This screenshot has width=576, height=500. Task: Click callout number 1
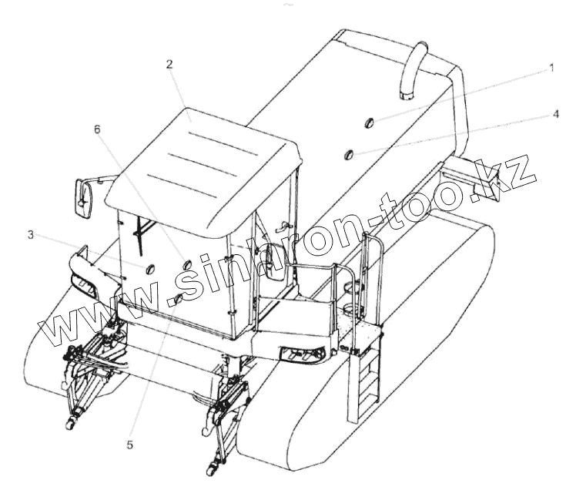coord(551,68)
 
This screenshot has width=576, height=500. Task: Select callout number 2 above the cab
coord(169,65)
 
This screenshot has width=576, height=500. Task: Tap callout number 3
coord(31,234)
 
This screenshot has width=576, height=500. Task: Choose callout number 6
coord(98,129)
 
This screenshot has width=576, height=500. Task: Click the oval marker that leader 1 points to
coord(368,122)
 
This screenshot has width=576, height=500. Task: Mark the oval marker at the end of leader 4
coord(350,156)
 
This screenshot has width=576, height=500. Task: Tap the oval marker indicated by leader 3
coord(149,268)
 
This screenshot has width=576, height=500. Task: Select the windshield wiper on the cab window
coord(140,236)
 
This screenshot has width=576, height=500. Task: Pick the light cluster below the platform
coord(301,354)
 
